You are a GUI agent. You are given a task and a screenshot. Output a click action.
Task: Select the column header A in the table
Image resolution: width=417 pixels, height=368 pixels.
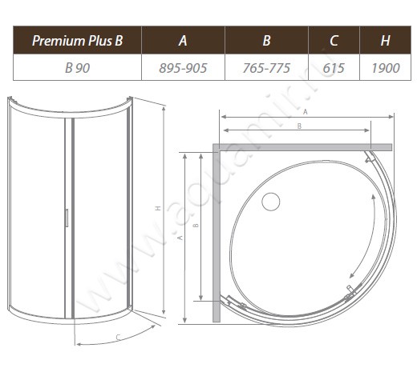coord(183,40)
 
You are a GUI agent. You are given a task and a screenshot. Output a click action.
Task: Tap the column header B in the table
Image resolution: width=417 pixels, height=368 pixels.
coord(266,40)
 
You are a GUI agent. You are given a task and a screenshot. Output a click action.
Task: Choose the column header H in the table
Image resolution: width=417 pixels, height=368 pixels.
coord(386,40)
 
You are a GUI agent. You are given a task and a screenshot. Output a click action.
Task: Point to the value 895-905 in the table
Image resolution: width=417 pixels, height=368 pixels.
coord(183,69)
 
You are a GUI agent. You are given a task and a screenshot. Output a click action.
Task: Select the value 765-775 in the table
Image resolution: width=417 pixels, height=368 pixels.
coord(266,69)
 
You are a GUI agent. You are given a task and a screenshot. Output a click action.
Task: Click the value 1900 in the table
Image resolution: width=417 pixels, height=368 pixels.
coord(386,69)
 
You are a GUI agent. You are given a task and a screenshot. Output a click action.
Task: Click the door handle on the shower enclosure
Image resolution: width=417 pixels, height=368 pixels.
coord(67,218)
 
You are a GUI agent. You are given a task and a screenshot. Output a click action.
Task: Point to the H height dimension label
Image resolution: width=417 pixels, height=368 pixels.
coord(158,208)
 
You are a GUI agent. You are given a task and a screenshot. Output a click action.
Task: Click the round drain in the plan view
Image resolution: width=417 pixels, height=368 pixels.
coord(270,202)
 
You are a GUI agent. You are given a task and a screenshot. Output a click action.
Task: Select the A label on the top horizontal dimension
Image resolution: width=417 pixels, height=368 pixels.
coord(306,113)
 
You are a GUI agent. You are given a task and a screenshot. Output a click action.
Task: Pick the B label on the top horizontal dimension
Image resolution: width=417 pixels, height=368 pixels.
coord(298,126)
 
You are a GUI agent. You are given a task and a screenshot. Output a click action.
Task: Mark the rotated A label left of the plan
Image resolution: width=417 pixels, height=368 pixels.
coord(180,238)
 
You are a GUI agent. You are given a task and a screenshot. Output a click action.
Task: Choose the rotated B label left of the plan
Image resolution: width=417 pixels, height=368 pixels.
coord(196,226)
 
